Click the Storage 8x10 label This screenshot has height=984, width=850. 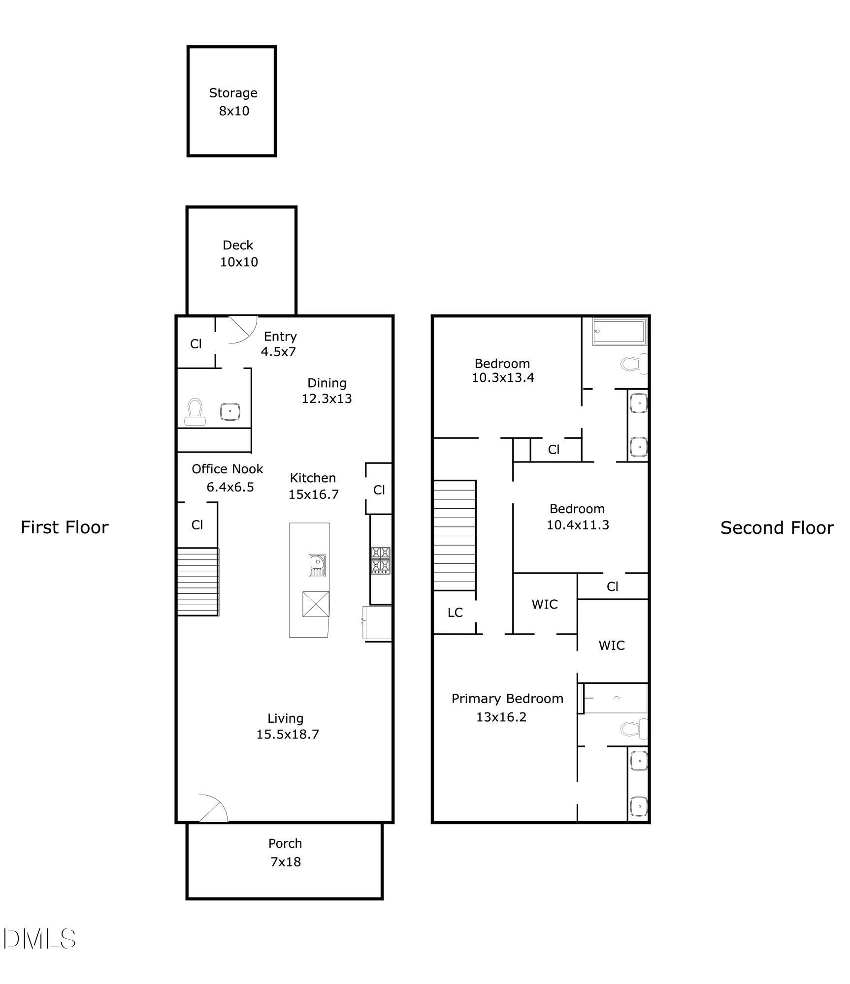(x=233, y=102)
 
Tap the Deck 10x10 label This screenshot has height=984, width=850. (x=238, y=253)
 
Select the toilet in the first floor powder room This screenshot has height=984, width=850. (x=195, y=412)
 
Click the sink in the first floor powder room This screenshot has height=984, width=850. (x=230, y=411)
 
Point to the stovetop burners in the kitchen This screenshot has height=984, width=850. (x=381, y=560)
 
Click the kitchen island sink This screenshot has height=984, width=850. (x=317, y=565)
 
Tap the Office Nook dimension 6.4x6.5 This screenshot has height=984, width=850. (x=230, y=487)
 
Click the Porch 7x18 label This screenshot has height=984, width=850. (x=285, y=853)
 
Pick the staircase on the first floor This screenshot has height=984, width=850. (x=198, y=582)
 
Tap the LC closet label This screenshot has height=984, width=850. (x=455, y=613)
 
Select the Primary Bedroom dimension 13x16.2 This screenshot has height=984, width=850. (x=501, y=717)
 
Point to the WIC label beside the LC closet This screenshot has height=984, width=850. (x=545, y=604)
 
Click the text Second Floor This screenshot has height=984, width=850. (x=777, y=528)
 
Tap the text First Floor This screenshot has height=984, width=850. (x=65, y=527)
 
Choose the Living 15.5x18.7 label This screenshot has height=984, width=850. (x=287, y=726)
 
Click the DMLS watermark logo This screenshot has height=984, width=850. (x=39, y=939)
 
